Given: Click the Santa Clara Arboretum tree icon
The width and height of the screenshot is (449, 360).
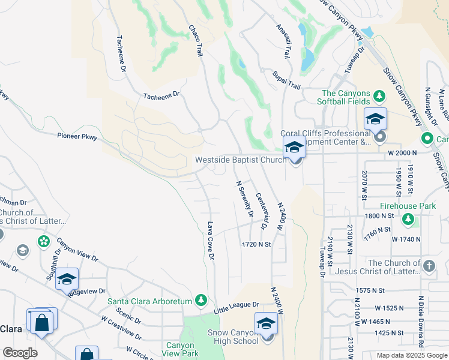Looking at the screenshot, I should tap(202, 301).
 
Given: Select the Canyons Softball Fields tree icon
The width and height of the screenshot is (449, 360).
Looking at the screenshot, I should tap(379, 96).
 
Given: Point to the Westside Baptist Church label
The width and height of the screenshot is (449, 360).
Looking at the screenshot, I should tap(240, 160).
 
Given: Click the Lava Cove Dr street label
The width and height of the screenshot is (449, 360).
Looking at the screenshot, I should tap(211, 241).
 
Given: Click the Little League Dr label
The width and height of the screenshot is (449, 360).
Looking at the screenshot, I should tap(237, 308).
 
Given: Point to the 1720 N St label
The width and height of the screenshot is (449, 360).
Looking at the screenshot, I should tap(256, 245).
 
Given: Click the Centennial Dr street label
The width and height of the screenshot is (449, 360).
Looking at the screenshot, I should tap(261, 211).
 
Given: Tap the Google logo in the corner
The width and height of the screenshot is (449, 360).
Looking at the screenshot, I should tap(19, 353).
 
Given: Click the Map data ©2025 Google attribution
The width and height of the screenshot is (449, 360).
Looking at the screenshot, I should tap(411, 355).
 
